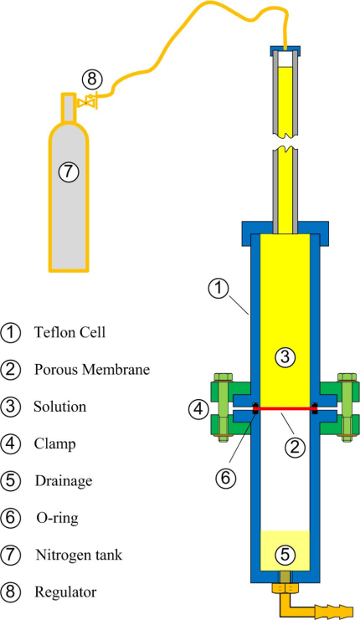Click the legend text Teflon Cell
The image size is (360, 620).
(x=70, y=332)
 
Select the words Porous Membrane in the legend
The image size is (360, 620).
(x=92, y=369)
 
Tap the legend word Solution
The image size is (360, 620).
(x=59, y=407)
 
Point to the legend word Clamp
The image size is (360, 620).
(x=54, y=444)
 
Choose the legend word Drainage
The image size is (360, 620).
(x=64, y=481)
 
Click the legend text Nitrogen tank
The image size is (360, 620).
(x=80, y=555)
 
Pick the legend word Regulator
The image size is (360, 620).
(x=65, y=592)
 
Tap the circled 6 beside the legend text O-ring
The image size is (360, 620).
(x=10, y=519)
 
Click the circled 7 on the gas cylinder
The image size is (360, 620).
(x=69, y=172)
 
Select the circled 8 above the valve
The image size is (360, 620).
(x=92, y=79)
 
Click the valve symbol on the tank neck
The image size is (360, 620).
(x=86, y=102)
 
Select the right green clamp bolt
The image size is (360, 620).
(x=347, y=407)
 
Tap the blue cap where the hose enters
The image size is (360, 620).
(x=285, y=50)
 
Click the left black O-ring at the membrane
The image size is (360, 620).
(x=255, y=408)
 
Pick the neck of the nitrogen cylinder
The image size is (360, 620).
(x=68, y=107)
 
